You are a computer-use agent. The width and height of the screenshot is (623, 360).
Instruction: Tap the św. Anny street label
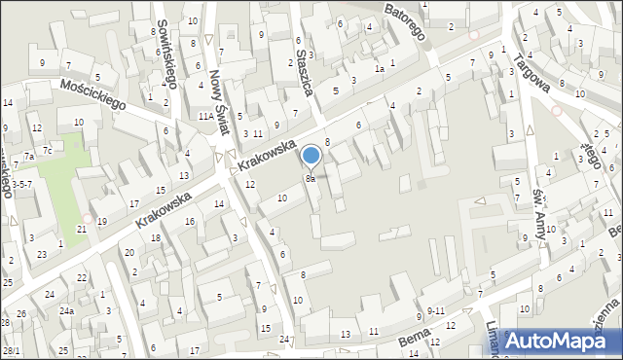537,216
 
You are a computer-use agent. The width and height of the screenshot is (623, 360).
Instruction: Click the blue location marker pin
311,156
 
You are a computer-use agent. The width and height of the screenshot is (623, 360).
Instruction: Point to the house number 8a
311,179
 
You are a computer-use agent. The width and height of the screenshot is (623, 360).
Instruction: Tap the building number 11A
206,116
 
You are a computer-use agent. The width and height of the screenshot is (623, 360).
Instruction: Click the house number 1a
381,69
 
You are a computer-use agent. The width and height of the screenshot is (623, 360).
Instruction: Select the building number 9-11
436,310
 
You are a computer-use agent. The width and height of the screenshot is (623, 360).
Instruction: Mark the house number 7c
46,150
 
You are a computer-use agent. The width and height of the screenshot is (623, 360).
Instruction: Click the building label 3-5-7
21,184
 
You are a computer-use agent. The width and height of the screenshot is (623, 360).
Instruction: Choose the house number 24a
66,311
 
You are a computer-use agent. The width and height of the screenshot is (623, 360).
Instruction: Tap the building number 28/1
11,350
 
